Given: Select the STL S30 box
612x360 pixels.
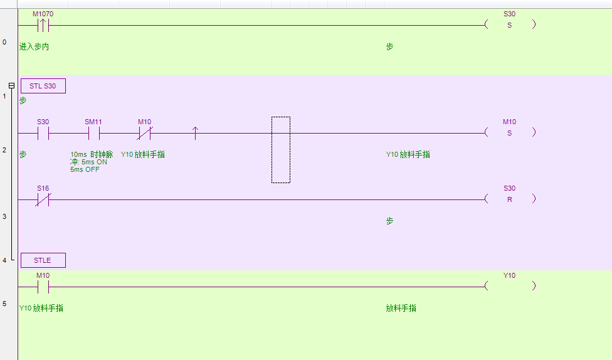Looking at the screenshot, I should [x=43, y=86].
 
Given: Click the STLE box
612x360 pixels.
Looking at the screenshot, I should [x=43, y=260].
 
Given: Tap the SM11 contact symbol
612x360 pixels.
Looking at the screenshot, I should [x=93, y=133].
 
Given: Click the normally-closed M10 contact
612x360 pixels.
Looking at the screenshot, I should [x=145, y=133].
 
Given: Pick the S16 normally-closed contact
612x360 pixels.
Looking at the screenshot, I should [x=43, y=199].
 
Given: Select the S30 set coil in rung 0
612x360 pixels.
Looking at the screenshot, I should [x=509, y=25].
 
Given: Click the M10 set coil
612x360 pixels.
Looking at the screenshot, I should [x=509, y=132].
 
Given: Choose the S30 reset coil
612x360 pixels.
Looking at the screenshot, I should [x=509, y=199].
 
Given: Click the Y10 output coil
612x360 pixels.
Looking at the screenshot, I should [x=509, y=285].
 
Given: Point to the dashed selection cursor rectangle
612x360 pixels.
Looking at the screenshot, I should [x=281, y=150].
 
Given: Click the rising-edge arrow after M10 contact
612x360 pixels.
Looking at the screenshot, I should [x=195, y=133].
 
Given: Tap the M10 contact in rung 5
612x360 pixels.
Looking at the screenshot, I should [x=43, y=287].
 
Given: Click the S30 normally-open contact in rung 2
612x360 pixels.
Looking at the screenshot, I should [x=43, y=133].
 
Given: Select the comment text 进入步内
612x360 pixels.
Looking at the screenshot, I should [x=34, y=47].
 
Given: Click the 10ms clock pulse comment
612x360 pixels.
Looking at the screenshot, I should [x=91, y=161].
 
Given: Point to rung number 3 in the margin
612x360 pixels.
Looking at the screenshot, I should [x=4, y=216].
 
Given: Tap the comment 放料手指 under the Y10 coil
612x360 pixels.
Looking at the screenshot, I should [x=401, y=308].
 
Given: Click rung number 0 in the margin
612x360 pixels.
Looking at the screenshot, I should [x=4, y=42].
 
